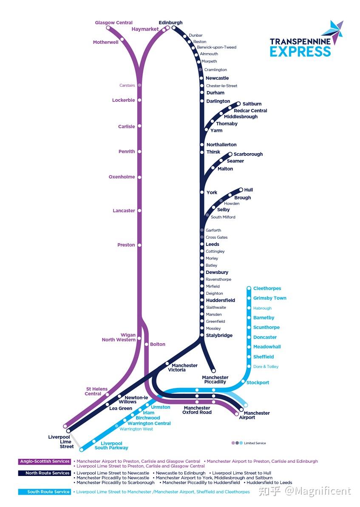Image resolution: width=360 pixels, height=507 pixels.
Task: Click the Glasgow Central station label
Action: click(113, 23)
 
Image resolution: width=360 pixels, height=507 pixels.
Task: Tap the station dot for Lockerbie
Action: click(139, 100)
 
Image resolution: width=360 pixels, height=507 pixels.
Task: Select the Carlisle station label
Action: click(126, 126)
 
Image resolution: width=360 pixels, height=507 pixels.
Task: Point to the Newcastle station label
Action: click(217, 78)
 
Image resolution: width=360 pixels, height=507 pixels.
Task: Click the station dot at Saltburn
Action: click(239, 104)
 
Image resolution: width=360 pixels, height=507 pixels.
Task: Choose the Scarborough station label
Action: click(248, 154)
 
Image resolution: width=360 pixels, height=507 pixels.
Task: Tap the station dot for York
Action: click(202, 192)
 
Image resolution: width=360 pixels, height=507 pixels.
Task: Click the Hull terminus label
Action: click(248, 190)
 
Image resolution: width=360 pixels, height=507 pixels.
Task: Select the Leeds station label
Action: click(213, 245)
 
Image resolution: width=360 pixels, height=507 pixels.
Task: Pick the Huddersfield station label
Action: click(220, 300)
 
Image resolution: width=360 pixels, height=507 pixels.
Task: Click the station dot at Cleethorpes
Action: click(249, 288)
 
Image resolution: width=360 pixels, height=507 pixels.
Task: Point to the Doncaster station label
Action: click(265, 337)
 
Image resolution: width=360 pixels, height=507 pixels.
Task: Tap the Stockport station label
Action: click(258, 383)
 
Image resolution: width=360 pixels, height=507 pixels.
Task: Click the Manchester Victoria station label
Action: click(184, 367)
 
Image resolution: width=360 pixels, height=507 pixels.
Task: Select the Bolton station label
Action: click(158, 344)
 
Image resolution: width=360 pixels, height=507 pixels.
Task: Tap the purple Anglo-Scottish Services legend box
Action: click(45, 461)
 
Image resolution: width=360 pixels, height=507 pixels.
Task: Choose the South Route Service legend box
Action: click(45, 492)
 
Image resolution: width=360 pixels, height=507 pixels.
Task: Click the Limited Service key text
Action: click(255, 443)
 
